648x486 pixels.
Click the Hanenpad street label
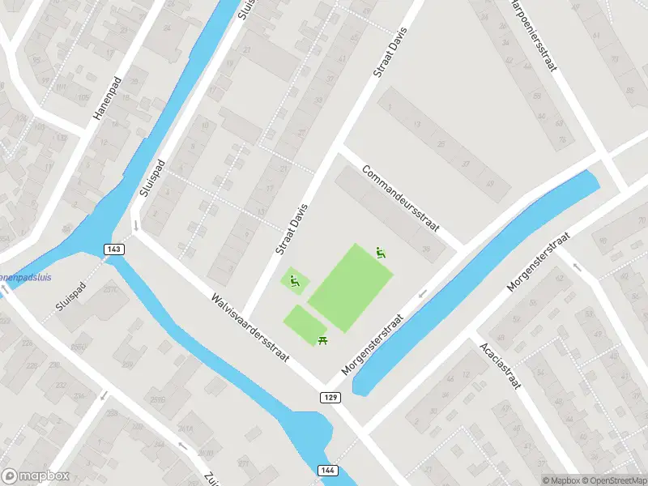pyautogui.click(x=106, y=99)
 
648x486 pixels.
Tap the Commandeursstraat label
pyautogui.click(x=400, y=199)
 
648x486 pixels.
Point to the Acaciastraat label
pyautogui.click(x=499, y=364)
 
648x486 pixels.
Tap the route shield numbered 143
pyautogui.click(x=113, y=249)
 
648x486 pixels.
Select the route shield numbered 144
pyautogui.click(x=327, y=470)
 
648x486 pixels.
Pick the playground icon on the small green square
pyautogui.click(x=295, y=281)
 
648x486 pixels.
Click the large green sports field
pyautogui.click(x=350, y=288)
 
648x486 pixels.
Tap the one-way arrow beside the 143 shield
pyautogui.click(x=136, y=227)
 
